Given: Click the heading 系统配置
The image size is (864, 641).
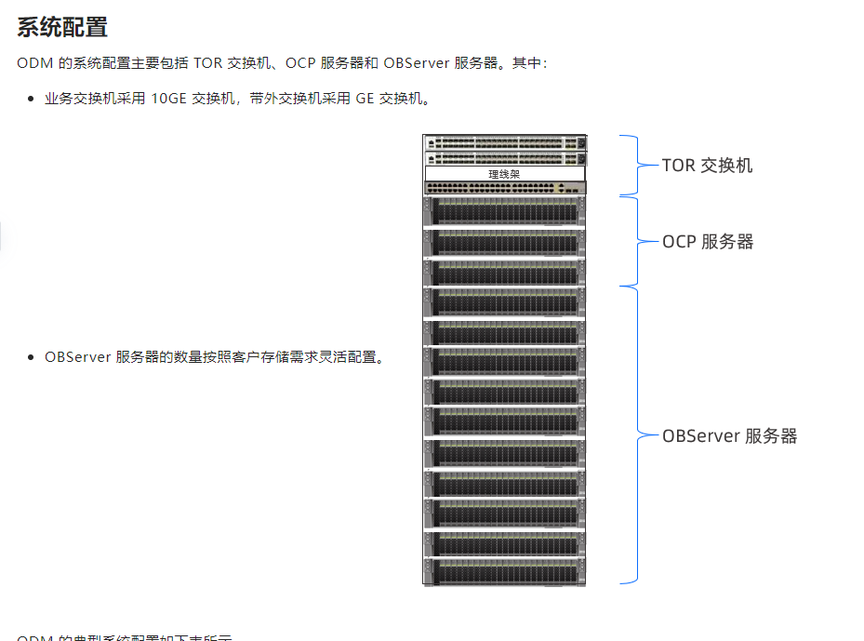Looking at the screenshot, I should (62, 27).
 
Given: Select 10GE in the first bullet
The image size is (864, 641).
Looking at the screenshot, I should (168, 99).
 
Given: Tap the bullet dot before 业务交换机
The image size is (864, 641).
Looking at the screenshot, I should (31, 99).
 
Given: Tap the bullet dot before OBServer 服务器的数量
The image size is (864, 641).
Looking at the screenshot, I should (31, 357).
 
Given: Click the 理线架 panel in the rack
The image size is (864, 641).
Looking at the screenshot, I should (505, 174).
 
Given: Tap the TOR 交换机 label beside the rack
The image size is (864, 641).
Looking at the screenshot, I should (707, 166).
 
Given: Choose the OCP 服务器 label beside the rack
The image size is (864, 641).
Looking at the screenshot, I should (708, 242).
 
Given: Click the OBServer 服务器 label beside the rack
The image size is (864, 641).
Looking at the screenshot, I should (729, 435).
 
